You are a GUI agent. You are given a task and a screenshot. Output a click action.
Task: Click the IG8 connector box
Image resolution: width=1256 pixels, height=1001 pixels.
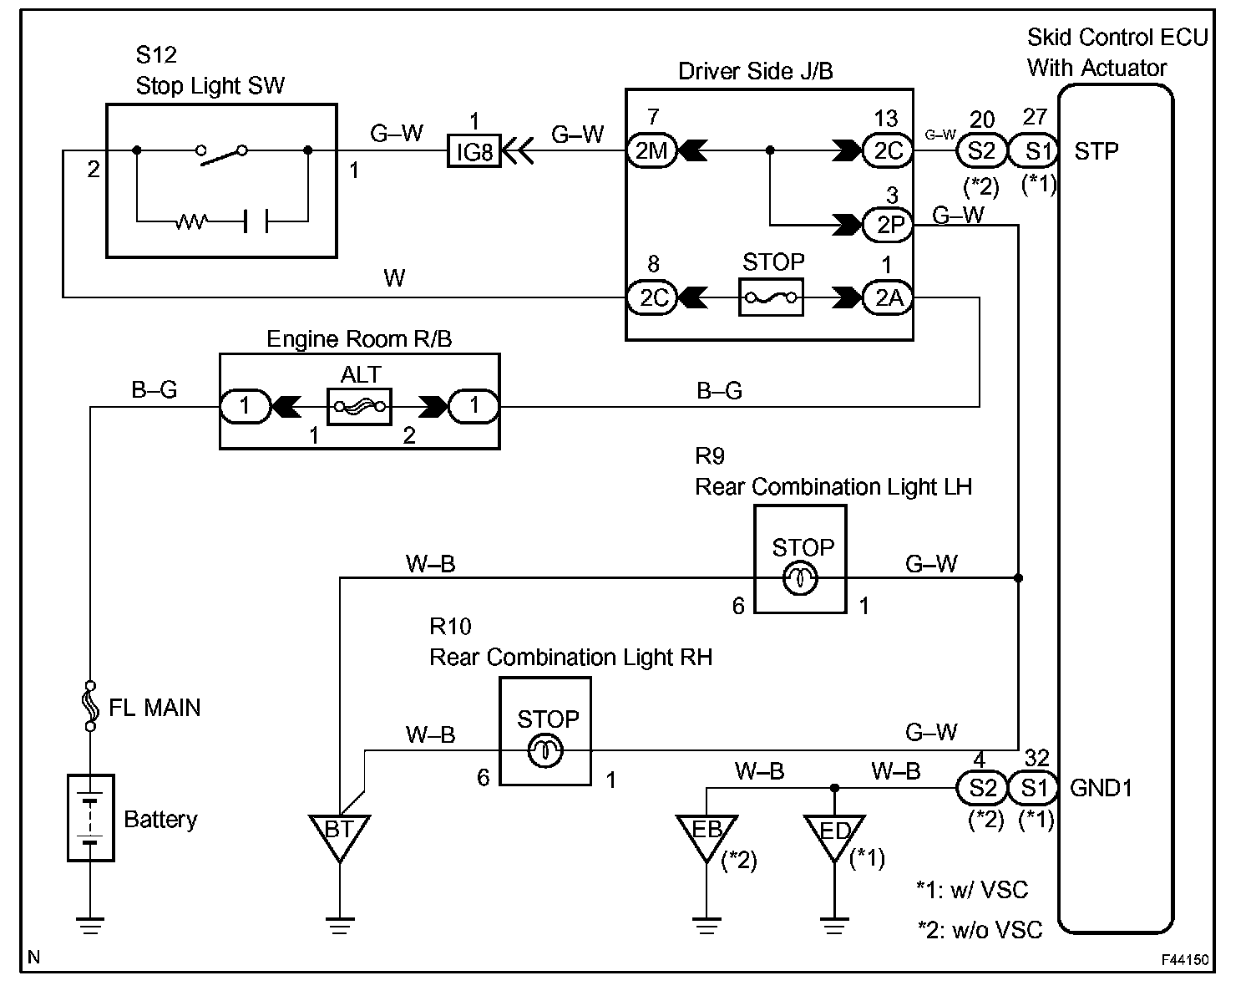[x=474, y=151]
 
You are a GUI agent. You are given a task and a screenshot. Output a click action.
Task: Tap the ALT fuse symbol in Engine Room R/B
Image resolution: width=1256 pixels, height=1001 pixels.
[x=360, y=407]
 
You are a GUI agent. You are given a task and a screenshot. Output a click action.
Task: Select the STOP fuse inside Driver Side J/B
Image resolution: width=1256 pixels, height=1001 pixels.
[x=771, y=297]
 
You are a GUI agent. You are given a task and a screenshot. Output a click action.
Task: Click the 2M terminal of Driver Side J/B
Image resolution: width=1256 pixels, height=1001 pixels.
[x=651, y=151]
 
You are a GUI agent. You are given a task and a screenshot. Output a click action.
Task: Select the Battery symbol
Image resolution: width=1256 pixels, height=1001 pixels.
[x=90, y=817]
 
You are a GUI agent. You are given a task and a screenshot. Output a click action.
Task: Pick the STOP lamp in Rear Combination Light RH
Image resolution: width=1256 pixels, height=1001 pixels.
[x=545, y=750]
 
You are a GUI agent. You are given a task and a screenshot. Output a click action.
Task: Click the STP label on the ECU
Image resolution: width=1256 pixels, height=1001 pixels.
[x=1096, y=151]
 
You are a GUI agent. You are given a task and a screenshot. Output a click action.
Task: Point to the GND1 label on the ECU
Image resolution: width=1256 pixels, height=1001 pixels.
[x=1101, y=788]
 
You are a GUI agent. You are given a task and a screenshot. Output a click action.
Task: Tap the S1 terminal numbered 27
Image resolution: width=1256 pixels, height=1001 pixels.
[x=1034, y=151]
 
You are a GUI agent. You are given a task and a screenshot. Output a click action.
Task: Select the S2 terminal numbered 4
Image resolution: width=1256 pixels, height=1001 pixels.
[x=981, y=788]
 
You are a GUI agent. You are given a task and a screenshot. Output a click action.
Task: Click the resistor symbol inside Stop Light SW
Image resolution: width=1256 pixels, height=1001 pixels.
[x=192, y=222]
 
